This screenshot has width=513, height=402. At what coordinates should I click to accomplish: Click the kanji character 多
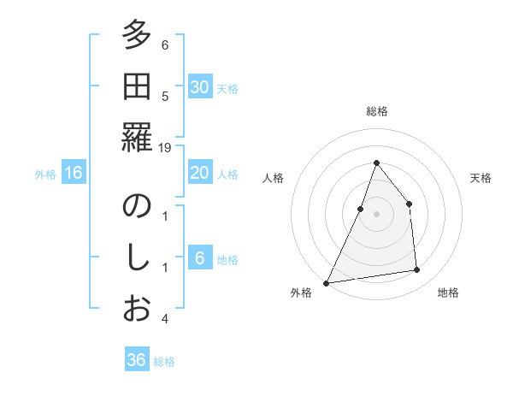coord(136,37)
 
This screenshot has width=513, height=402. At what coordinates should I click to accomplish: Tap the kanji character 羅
coord(136,138)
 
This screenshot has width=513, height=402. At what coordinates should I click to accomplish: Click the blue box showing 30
coord(199,86)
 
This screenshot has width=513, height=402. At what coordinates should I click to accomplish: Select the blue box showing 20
coord(199,173)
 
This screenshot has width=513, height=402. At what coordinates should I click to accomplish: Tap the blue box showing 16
coord(74,173)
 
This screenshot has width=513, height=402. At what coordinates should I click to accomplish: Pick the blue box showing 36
coord(137,360)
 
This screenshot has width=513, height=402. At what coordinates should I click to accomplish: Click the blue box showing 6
coord(199,258)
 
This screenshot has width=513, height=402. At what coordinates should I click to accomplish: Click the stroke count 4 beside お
coord(165,318)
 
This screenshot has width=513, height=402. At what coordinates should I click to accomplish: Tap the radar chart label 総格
coord(377,111)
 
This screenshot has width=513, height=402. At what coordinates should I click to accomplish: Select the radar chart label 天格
coord(481,178)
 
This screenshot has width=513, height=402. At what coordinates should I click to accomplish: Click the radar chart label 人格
coord(274,178)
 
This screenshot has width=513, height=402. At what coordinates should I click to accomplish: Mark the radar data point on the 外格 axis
coord(326,282)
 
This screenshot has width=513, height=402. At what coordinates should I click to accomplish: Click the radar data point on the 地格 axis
coord(417,270)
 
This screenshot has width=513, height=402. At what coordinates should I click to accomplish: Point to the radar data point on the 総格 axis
coord(376,163)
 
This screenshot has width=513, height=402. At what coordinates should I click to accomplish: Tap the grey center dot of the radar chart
coord(376,214)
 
